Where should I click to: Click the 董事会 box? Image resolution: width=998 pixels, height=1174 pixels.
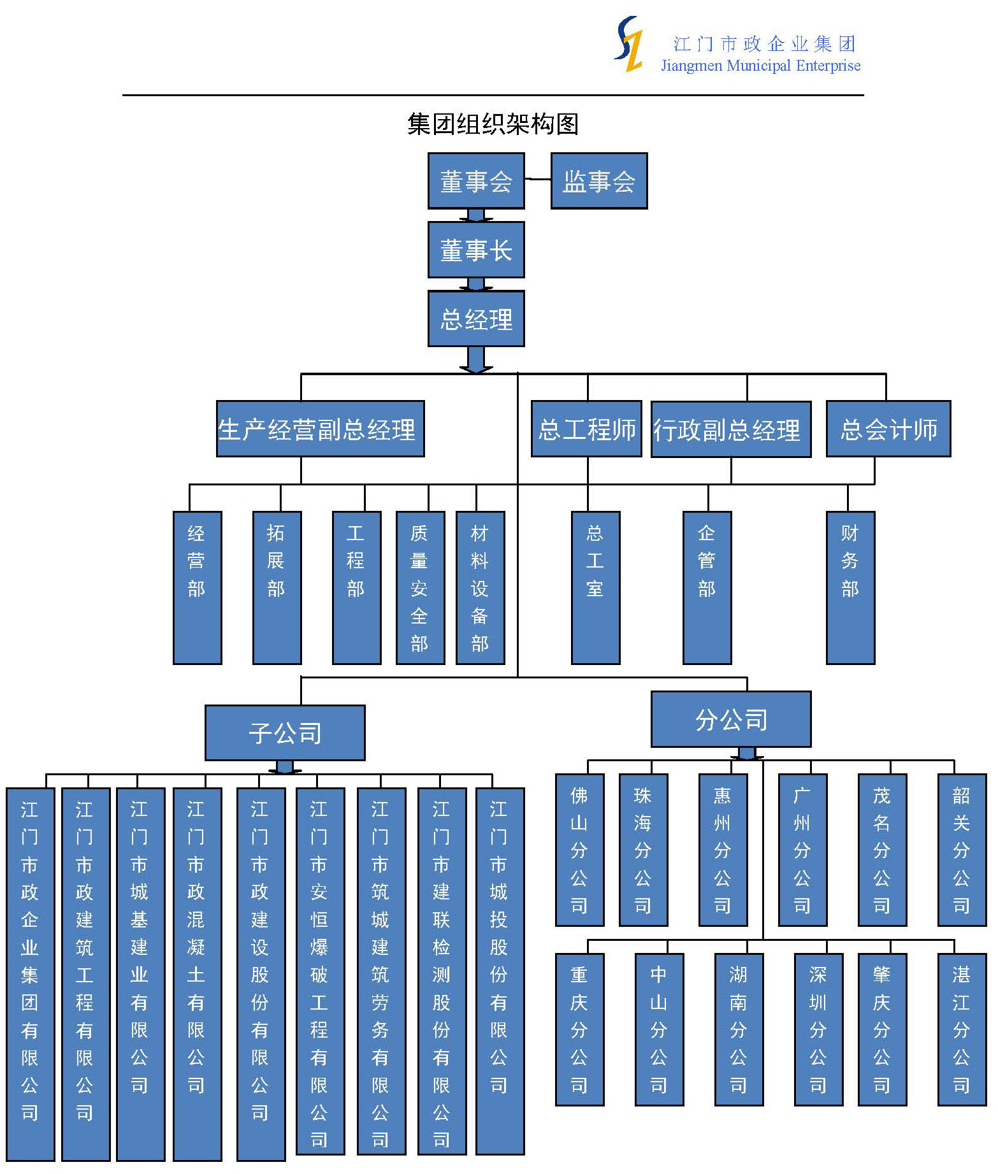[476, 181]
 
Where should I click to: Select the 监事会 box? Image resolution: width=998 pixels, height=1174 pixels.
[599, 181]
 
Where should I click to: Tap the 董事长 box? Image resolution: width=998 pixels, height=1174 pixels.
[476, 250]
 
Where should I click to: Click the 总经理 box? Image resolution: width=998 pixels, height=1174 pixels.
[476, 319]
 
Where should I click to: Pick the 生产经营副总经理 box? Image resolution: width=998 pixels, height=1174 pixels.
[320, 429]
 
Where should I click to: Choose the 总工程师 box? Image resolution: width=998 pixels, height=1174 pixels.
[586, 429]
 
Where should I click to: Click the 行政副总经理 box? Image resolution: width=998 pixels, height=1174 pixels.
[731, 429]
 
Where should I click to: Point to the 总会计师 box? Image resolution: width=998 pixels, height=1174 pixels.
[888, 429]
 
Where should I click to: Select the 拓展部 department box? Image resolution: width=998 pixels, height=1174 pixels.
[277, 587]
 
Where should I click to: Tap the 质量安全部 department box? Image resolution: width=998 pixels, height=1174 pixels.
[420, 587]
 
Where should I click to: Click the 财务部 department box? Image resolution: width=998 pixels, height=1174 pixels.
[850, 587]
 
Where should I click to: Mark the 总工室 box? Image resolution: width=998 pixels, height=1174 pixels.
[595, 587]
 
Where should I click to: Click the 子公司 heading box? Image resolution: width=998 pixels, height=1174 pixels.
[285, 733]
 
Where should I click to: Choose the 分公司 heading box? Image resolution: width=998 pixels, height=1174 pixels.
[731, 719]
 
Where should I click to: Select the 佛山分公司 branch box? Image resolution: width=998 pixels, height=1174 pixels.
[579, 850]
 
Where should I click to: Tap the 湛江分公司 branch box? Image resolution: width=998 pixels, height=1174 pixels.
[962, 1029]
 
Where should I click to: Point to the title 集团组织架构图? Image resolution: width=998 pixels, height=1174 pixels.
[493, 124]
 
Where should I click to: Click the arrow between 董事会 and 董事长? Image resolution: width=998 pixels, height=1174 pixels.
[476, 215]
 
